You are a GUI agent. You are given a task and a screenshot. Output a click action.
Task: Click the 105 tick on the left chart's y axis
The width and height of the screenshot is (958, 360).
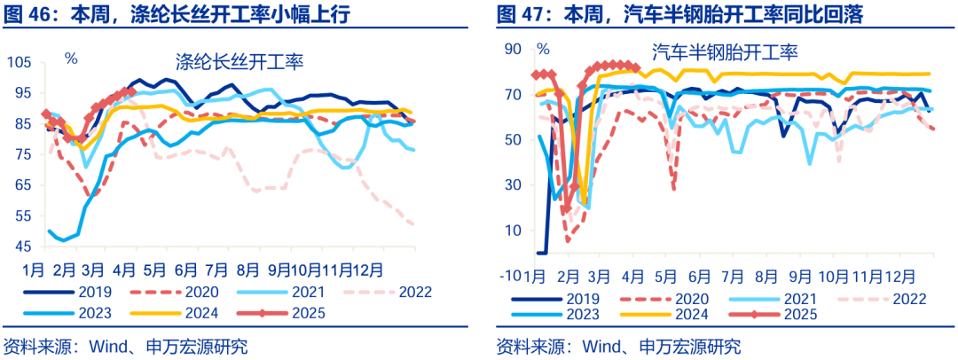(x=20, y=62)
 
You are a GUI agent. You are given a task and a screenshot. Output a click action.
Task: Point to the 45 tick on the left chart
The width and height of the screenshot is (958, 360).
(x=23, y=247)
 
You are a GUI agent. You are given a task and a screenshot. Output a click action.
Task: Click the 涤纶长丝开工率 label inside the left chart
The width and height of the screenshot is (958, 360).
(x=239, y=62)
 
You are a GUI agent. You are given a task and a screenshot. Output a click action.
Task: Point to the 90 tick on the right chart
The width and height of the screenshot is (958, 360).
(x=512, y=49)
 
